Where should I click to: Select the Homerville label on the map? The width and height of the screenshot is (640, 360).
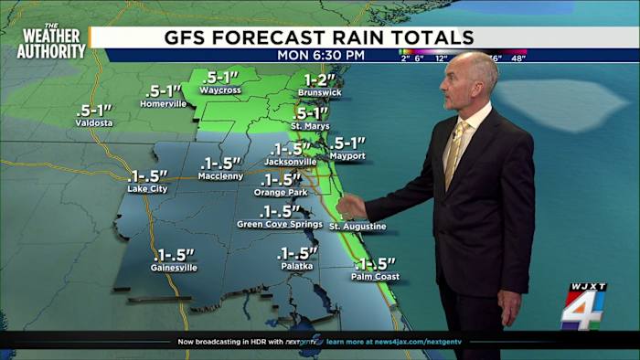click(164, 104)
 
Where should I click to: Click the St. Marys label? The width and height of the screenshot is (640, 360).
click(309, 125)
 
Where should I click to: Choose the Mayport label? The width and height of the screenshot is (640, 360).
click(347, 156)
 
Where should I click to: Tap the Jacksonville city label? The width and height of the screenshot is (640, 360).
click(290, 162)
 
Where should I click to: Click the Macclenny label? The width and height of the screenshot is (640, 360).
click(221, 175)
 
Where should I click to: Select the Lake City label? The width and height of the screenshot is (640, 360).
click(147, 189)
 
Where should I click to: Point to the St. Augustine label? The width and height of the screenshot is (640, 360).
click(357, 227)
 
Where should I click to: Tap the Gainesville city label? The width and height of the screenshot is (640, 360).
click(175, 268)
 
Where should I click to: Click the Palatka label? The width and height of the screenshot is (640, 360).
click(296, 266)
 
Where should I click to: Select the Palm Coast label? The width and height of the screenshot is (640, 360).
click(376, 277)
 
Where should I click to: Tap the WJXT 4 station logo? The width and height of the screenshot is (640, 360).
click(583, 305)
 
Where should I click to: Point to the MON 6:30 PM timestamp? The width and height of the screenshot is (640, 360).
click(321, 55)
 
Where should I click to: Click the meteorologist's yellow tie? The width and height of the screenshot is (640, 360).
click(454, 151)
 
